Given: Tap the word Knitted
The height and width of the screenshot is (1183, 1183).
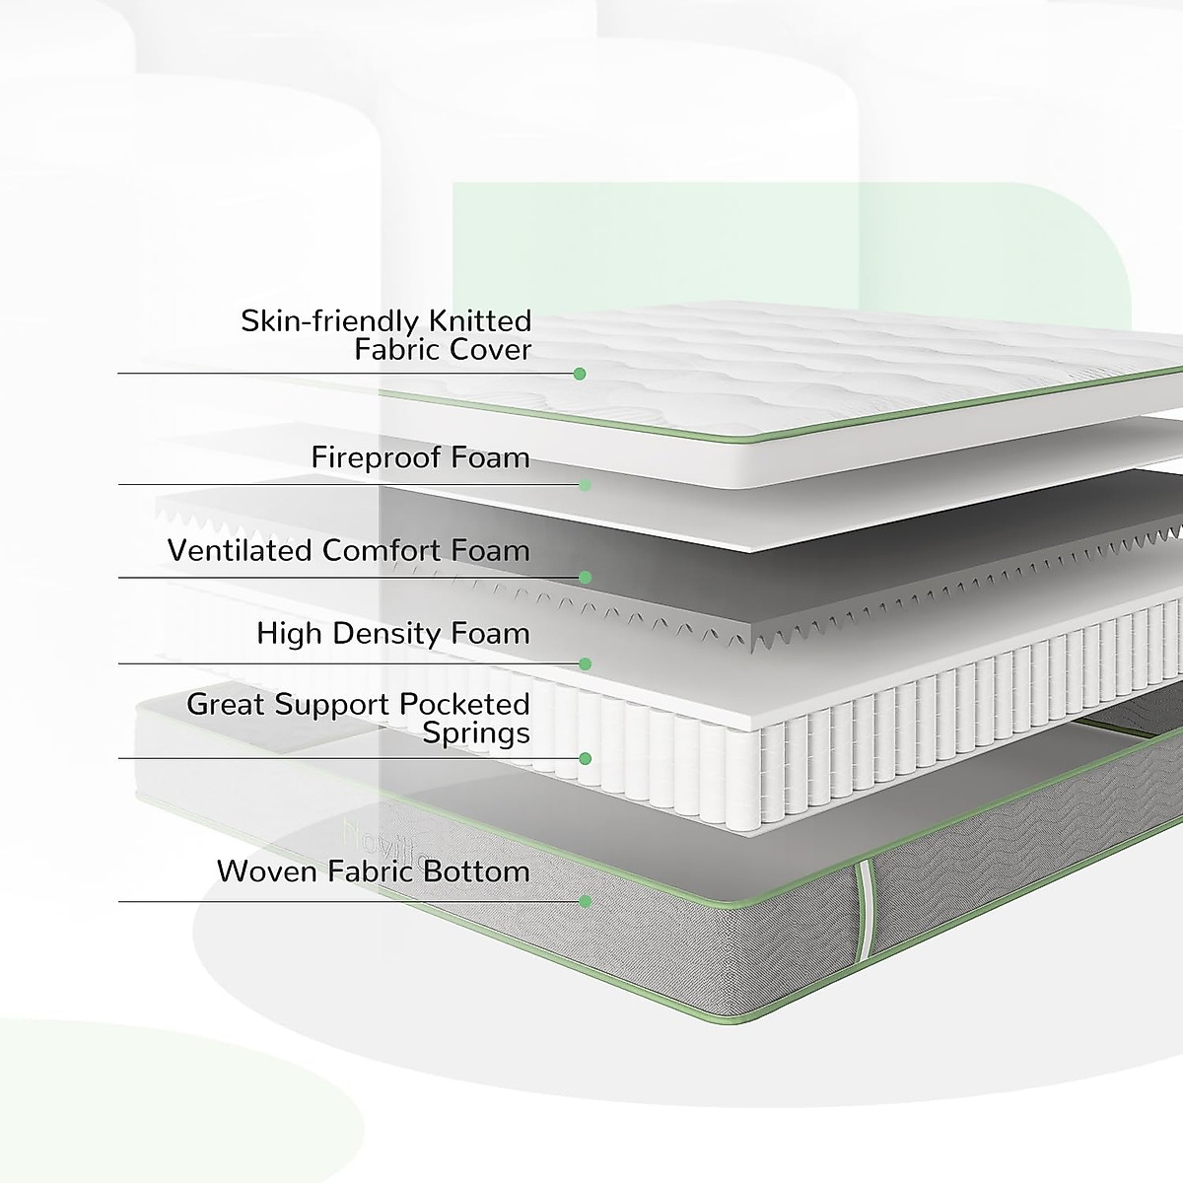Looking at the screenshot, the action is point(480,321).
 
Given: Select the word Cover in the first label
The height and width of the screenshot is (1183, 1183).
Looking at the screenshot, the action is point(489,349).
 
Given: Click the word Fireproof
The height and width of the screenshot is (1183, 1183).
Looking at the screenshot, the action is point(377,457).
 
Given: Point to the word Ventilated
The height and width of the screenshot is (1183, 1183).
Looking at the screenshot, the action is point(240,550).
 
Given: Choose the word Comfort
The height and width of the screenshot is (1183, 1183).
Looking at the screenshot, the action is point(383,550).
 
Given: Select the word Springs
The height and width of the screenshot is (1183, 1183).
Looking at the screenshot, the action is point(476,732).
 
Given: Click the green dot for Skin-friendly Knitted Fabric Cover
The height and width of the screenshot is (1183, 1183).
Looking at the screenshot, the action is point(580,374).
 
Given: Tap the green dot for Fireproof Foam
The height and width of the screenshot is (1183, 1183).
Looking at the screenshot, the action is point(585,484).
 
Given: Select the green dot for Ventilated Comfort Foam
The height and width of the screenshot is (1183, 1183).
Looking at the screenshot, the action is point(585,577).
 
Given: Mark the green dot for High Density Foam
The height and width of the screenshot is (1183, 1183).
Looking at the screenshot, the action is point(585,663).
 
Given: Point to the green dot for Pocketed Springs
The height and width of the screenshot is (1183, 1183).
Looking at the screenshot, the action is point(585,758).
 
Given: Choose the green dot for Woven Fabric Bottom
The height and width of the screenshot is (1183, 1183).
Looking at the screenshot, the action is point(585,901).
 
